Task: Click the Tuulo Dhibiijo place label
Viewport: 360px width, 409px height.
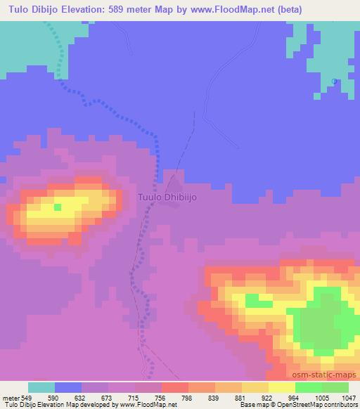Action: pos(167,197)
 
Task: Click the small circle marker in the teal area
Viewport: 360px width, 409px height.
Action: pos(334,82)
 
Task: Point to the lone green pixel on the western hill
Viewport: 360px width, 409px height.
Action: pos(58,207)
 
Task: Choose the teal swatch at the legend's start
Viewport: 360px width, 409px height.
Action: pos(41,387)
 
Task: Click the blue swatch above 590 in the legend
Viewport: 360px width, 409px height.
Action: pos(67,387)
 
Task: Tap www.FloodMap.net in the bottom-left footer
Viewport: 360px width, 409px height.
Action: pos(148,405)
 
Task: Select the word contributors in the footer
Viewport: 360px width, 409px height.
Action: pos(337,405)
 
